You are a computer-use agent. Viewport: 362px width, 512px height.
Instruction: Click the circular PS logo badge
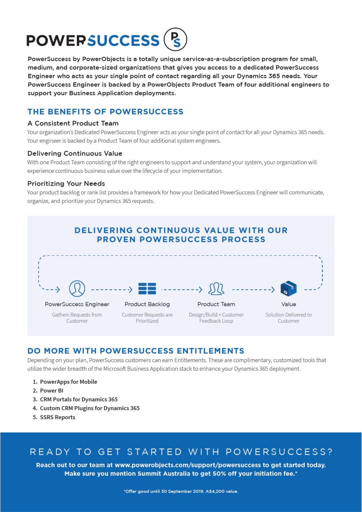[175, 39]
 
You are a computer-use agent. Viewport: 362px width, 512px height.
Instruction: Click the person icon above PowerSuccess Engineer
[77, 289]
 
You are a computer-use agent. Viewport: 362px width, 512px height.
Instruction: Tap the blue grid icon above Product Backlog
[147, 289]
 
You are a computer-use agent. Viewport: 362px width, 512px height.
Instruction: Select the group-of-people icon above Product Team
[216, 289]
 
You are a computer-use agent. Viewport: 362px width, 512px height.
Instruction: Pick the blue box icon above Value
[289, 289]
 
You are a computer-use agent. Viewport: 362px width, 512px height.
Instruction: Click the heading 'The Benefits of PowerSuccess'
[105, 112]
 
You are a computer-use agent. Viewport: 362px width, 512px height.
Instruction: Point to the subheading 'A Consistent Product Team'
[73, 123]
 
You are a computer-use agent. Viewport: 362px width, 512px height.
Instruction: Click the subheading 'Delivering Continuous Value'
[75, 153]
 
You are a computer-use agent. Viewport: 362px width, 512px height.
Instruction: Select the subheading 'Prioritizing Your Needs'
[66, 183]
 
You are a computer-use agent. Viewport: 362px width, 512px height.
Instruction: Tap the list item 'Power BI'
[51, 390]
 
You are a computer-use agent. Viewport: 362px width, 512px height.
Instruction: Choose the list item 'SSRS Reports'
[58, 417]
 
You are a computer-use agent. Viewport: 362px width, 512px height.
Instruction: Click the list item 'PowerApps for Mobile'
[68, 382]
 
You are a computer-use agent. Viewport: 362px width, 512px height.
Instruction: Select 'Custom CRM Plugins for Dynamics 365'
[89, 408]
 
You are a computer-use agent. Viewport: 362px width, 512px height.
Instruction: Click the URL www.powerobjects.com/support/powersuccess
[188, 465]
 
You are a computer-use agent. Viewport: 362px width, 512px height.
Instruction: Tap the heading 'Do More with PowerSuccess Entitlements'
[136, 351]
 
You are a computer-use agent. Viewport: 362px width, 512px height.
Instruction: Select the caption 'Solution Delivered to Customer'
[289, 318]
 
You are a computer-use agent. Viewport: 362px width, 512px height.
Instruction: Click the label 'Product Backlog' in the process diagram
[147, 304]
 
